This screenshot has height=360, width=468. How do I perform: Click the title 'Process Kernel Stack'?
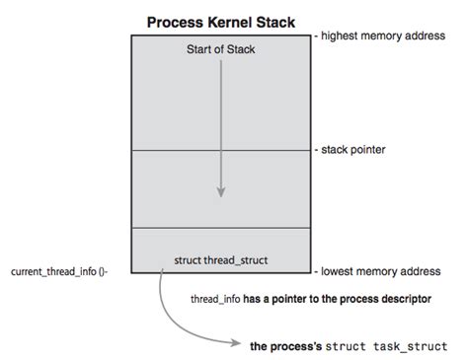point(220,21)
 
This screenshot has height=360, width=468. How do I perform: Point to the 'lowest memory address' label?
point(379,270)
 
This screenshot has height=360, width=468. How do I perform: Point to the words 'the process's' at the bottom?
point(290,346)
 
